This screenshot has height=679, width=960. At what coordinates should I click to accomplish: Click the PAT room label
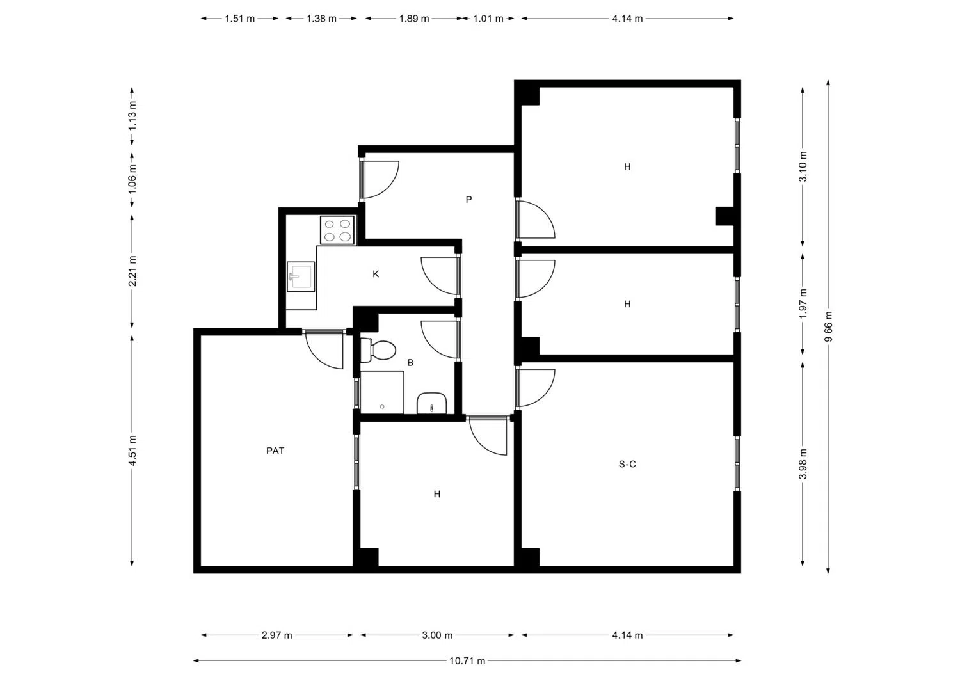275,451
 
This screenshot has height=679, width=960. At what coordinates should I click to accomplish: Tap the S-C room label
627,464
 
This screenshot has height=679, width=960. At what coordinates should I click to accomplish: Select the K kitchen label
376,274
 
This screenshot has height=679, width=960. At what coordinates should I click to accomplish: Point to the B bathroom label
410,363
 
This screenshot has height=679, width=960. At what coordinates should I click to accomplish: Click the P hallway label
468,200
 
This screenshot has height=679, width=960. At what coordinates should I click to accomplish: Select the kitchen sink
301,276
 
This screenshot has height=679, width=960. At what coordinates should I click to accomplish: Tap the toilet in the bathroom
379,350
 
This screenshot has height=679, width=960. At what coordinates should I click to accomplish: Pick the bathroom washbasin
432,404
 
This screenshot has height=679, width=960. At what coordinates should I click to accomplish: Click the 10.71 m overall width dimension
467,660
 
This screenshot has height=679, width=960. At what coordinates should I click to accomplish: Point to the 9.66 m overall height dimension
828,326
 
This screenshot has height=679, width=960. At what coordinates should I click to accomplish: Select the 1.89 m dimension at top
413,19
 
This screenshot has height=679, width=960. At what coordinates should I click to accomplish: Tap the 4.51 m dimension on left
132,451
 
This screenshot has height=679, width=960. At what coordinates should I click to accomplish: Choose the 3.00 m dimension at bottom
437,635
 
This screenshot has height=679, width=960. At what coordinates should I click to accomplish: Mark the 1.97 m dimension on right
803,303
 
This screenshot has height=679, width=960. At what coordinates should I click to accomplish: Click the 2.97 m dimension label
276,635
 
